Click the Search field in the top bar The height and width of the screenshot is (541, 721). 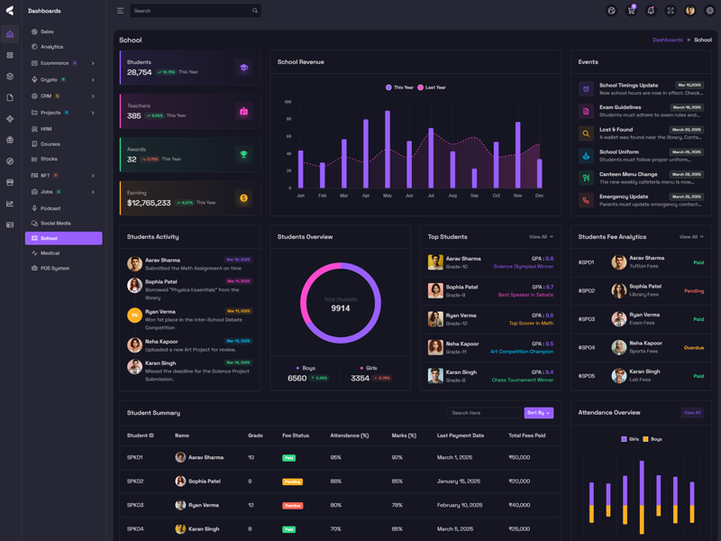tap(189, 11)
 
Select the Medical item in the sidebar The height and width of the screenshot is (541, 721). tap(50, 253)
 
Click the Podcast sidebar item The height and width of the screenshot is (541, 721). tap(50, 208)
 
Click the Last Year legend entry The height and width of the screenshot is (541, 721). tap(432, 87)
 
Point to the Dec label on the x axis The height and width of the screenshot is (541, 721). tap(539, 196)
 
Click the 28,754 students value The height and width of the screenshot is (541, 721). tap(140, 72)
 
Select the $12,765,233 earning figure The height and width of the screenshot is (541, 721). tap(149, 203)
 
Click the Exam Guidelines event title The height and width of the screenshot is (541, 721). tap(620, 107)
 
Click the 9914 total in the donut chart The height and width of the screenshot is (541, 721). tap(341, 308)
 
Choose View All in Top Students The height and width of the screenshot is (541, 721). tap(541, 237)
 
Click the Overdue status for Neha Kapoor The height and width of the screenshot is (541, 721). tap(693, 348)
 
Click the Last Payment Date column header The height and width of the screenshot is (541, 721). tap(461, 436)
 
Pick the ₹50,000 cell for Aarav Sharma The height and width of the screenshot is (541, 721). tap(519, 457)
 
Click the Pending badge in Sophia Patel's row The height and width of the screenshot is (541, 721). tap(293, 481)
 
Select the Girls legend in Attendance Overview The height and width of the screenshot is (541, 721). tap(630, 439)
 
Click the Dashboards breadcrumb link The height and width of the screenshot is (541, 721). tap(668, 40)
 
